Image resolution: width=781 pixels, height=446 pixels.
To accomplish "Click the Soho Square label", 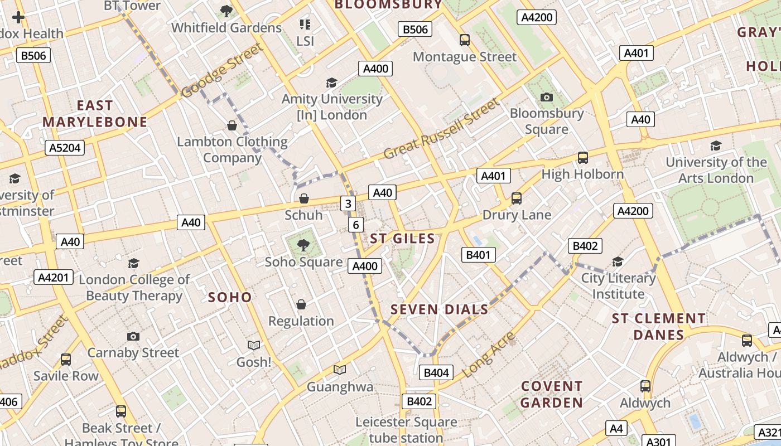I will [303, 262].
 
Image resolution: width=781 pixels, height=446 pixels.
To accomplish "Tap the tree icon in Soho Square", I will [303, 244].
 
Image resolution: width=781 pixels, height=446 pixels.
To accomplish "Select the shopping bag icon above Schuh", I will [304, 198].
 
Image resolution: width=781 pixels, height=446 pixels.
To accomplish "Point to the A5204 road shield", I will [65, 148].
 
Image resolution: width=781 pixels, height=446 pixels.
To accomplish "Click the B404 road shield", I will [436, 373].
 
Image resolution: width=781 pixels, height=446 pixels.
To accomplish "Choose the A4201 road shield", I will [54, 277].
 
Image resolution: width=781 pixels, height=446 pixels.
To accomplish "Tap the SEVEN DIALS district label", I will [439, 309].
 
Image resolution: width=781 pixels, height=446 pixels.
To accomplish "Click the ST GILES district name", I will [402, 239].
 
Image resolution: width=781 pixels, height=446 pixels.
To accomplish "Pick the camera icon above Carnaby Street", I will [133, 336].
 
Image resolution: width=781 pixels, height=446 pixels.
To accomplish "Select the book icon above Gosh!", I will [254, 346].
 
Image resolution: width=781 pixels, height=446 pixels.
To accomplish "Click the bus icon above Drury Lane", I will [517, 198].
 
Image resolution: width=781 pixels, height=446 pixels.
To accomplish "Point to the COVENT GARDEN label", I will [552, 394].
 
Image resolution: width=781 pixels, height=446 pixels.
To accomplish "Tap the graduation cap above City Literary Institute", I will [618, 262].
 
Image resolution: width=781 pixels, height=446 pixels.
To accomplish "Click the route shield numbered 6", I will [356, 225].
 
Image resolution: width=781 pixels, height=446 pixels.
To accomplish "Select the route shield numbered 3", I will [348, 203].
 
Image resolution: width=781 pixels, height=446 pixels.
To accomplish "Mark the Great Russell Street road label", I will [441, 129].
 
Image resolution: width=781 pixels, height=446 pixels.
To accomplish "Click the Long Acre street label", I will [489, 354].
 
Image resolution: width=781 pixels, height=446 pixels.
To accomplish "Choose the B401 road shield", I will [478, 255].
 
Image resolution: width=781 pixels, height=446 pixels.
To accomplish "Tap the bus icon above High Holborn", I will [582, 158].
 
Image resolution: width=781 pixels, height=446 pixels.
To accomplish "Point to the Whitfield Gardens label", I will [226, 27].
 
